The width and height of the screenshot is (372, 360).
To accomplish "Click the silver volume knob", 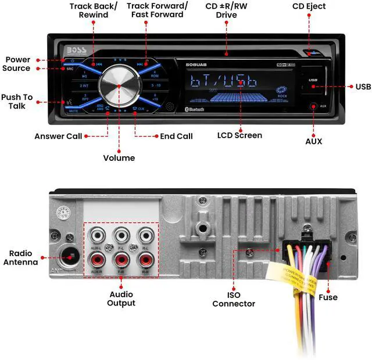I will pyautogui.click(x=119, y=85).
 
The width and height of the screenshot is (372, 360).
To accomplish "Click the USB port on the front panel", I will pyautogui.click(x=313, y=80).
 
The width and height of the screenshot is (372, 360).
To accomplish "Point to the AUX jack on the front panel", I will pyautogui.click(x=314, y=106).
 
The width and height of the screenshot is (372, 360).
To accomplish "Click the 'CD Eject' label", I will pyautogui.click(x=309, y=6).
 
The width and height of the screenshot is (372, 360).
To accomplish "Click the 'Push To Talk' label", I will pyautogui.click(x=17, y=101).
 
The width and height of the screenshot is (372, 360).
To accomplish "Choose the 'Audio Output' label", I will pyautogui.click(x=121, y=298).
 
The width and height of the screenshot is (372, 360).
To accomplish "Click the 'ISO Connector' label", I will pyautogui.click(x=234, y=299).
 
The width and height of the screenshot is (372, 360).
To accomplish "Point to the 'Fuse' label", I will pyautogui.click(x=328, y=297).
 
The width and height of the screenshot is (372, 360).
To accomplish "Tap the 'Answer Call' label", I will pyautogui.click(x=57, y=136).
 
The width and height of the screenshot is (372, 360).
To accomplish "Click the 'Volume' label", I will pyautogui.click(x=119, y=158).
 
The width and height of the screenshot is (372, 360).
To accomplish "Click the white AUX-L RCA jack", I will pyautogui.click(x=96, y=237).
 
